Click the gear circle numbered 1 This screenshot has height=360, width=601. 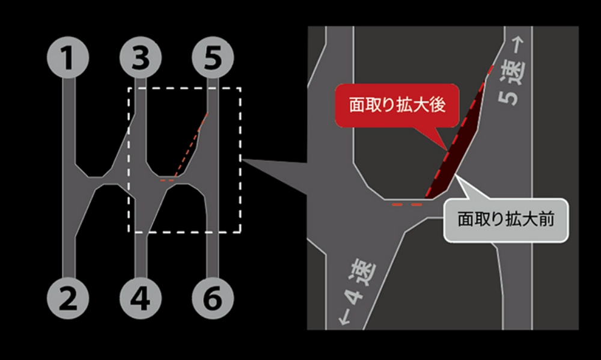68,58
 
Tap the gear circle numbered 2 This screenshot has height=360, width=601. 68,298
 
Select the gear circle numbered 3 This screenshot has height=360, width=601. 140,58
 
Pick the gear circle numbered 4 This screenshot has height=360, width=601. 140,298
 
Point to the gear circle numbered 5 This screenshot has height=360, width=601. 213,58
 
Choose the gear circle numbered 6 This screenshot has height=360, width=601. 213,298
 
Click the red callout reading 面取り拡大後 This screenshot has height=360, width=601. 397,105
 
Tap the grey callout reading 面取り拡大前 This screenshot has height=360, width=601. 506,220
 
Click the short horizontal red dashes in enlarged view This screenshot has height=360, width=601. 407,205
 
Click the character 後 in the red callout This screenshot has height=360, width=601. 438,105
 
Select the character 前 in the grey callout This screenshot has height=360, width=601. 546,219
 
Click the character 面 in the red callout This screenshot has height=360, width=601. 357,105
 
